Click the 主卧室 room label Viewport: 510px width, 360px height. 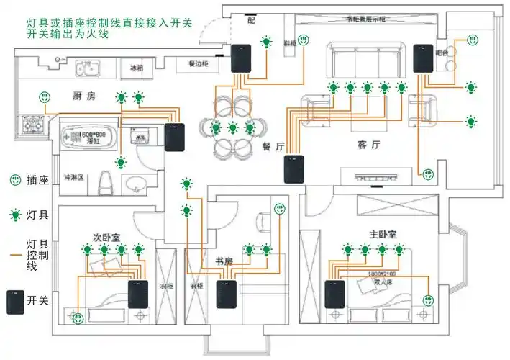coord(383,235)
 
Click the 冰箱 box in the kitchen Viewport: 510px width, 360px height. coord(137,68)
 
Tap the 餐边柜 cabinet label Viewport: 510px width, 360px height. coord(199,64)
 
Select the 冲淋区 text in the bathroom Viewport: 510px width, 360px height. coord(74,177)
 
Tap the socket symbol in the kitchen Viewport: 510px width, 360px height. coord(42,96)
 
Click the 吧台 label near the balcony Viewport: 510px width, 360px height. coord(442,53)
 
